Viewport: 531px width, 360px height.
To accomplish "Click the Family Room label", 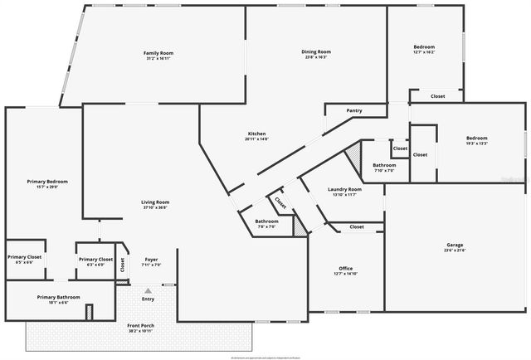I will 158,53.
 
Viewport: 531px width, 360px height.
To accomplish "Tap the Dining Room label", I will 315,52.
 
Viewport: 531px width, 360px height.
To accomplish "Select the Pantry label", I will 354,110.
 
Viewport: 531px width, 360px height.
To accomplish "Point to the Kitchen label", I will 256,134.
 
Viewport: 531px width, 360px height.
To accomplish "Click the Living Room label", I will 155,202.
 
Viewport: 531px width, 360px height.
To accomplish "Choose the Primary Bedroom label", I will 46,181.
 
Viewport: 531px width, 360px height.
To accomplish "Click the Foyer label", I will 151,260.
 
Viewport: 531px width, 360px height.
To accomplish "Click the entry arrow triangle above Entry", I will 148,290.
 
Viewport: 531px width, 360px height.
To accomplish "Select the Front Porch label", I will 139,326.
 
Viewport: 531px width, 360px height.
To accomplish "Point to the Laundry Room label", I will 341,190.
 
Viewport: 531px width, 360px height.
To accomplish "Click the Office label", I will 345,269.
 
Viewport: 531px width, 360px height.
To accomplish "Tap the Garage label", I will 455,245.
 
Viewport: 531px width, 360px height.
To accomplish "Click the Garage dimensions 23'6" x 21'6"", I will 455,250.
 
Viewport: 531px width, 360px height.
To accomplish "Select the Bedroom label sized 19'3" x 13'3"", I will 476,138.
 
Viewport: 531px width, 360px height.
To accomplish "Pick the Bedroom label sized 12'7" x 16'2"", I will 424,47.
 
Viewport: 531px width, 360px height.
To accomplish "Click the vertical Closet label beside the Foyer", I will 123,265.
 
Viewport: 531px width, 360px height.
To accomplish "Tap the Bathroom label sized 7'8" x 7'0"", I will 266,221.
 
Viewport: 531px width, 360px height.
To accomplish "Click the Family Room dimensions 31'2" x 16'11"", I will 158,58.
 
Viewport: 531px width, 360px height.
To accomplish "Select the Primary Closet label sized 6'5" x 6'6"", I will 23,258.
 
